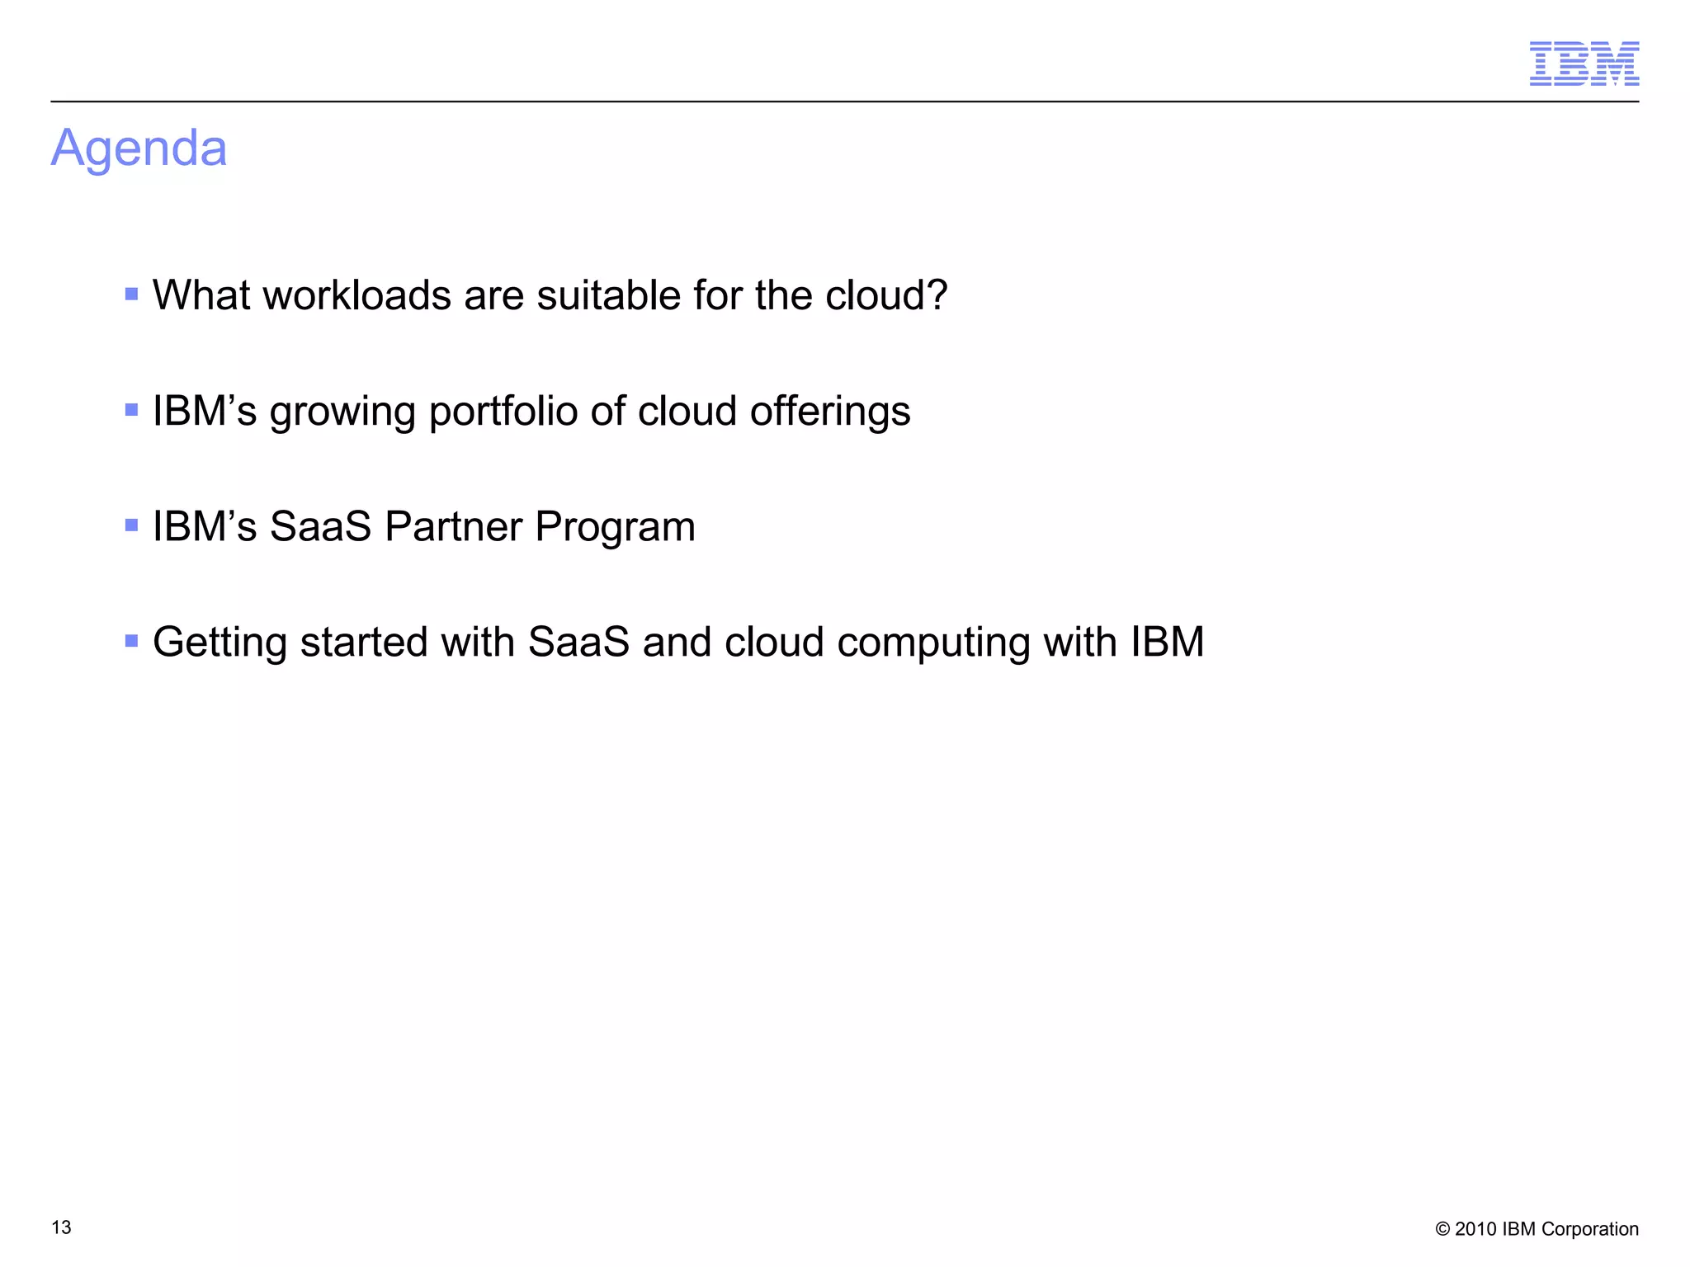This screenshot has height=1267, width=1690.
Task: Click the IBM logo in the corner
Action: (x=1584, y=64)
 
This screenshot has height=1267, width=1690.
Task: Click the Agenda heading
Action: (x=139, y=148)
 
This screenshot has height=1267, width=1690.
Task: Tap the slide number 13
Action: (x=61, y=1227)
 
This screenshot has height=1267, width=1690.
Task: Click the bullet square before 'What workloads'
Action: (x=131, y=294)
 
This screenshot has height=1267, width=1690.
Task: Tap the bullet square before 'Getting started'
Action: (x=131, y=640)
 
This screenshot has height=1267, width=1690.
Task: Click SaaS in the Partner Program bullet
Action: (x=320, y=526)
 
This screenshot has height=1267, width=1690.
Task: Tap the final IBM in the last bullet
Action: (x=1167, y=642)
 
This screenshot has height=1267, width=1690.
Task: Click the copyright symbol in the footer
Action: (x=1442, y=1229)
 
